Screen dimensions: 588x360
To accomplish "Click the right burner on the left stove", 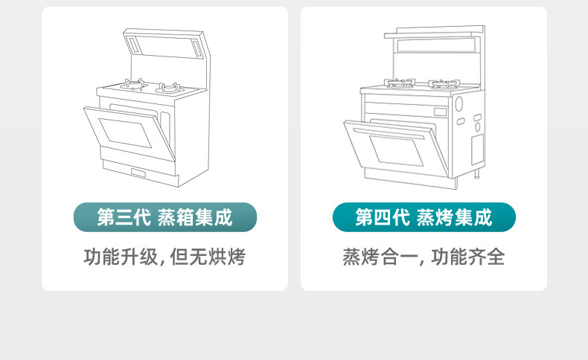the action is coord(170,89).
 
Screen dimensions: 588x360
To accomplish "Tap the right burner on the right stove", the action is coord(444,83).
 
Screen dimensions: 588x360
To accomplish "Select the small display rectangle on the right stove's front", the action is coord(441,112).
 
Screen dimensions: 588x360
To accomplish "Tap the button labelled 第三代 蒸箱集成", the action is coord(164,217).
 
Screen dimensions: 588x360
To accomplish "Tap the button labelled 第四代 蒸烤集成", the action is coord(424,217).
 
